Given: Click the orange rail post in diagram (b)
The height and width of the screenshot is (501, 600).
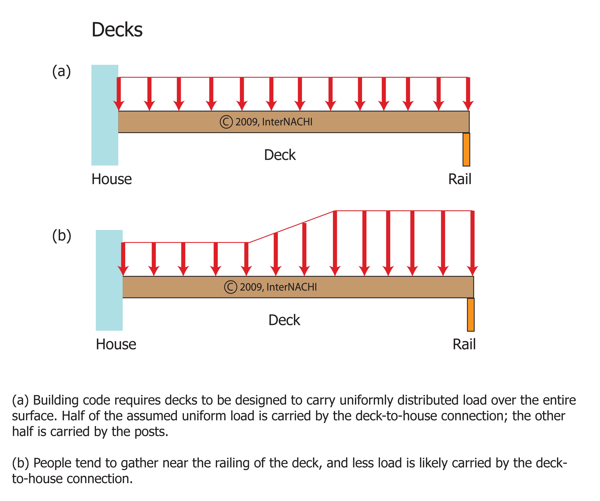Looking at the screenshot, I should tap(471, 315).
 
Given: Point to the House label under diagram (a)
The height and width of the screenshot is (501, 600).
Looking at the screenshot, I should tap(112, 179).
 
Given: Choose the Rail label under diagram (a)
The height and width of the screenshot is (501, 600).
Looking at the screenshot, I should tap(460, 179).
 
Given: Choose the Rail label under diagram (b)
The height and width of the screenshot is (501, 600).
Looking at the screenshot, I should tap(464, 344).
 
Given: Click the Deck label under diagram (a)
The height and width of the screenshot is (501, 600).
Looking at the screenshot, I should tap(280, 155).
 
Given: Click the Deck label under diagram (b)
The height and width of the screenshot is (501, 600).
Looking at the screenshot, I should tap(284, 320).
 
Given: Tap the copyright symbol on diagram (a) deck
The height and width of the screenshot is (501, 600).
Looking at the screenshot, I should tap(226, 122).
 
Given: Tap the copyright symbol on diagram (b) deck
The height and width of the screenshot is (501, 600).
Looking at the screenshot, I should tap(230, 287).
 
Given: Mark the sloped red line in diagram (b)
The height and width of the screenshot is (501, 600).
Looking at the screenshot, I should tap(291, 227).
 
